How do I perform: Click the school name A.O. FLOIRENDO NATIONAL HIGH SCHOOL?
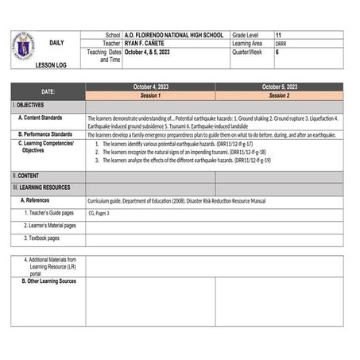pyautogui.click(x=175, y=36)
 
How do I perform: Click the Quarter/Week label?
pyautogui.click(x=248, y=52)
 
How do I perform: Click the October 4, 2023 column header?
pyautogui.click(x=150, y=87)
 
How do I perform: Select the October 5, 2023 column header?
pyautogui.click(x=279, y=87)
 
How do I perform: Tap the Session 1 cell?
pyautogui.click(x=150, y=95)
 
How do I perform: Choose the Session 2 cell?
pyautogui.click(x=279, y=95)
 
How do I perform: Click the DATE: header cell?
pyautogui.click(x=48, y=91)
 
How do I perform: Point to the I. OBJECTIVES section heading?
pyautogui.click(x=29, y=105)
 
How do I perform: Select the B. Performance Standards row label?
pyautogui.click(x=50, y=134)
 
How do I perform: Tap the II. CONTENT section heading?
pyautogui.click(x=25, y=176)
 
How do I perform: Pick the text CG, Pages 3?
pyautogui.click(x=99, y=213)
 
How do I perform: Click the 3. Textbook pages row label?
pyautogui.click(x=42, y=238)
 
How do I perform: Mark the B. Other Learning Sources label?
pyautogui.click(x=48, y=281)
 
